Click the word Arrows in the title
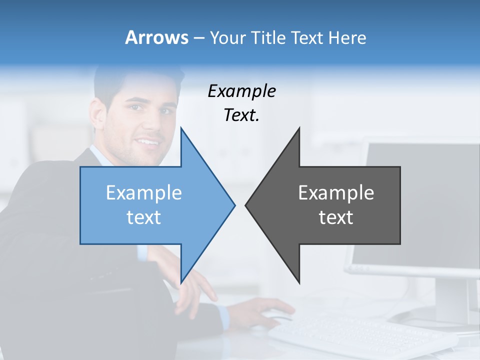click(x=156, y=37)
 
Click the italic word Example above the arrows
click(x=241, y=91)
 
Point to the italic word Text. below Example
click(x=241, y=115)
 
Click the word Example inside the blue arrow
click(x=143, y=193)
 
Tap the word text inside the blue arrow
click(x=143, y=217)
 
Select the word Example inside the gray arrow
click(x=336, y=193)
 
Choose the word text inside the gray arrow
click(x=336, y=217)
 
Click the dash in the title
click(x=198, y=38)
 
